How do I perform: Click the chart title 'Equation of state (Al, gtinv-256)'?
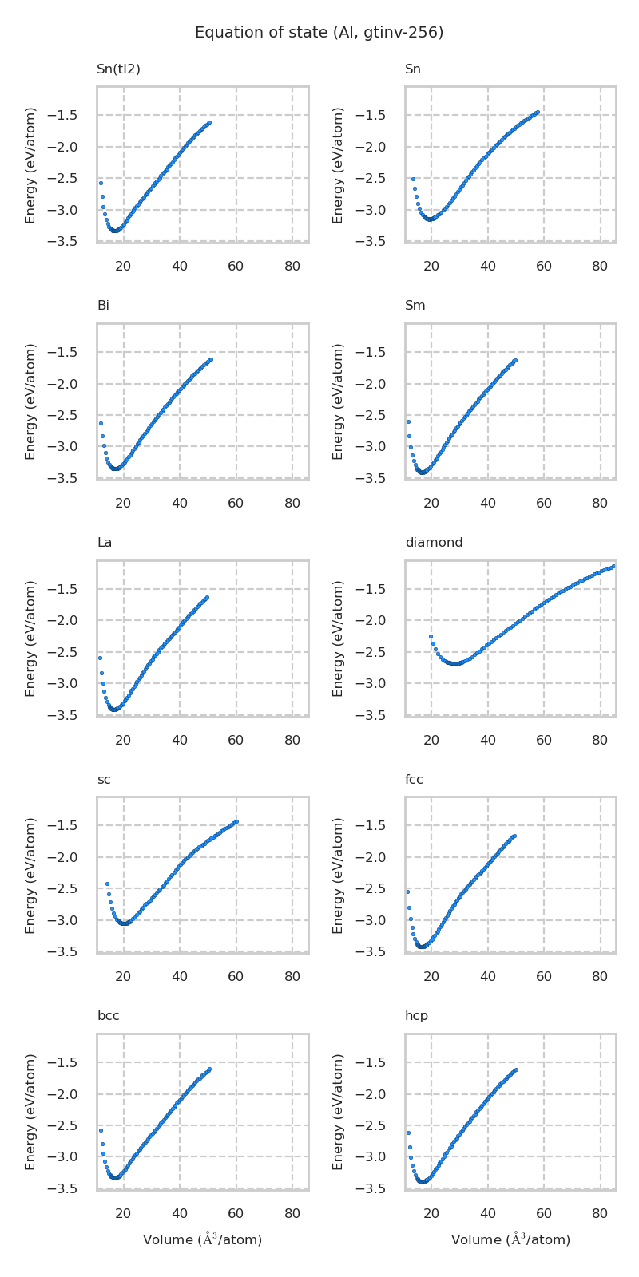coord(319,33)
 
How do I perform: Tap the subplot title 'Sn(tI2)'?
coord(118,69)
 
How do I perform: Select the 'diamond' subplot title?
coord(434,543)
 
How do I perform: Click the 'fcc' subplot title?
coord(414,780)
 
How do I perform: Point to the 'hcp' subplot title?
coord(416,1016)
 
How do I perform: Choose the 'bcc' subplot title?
coord(108,1016)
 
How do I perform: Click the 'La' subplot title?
coord(105,543)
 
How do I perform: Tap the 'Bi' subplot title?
coord(103,306)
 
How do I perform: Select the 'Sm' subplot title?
coord(415,306)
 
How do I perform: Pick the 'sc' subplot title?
coord(104,780)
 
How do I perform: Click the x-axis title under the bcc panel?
coord(202,1239)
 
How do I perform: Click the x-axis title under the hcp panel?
coord(510,1239)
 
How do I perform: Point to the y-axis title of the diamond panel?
coord(338,638)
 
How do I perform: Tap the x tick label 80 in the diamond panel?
coord(600,740)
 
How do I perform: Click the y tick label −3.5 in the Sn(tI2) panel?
coord(73,242)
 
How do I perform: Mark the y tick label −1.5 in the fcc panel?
coord(382,826)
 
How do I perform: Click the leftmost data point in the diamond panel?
coord(431,637)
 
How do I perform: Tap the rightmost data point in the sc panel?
coord(236,821)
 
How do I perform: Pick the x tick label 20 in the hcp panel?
coord(431,1213)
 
